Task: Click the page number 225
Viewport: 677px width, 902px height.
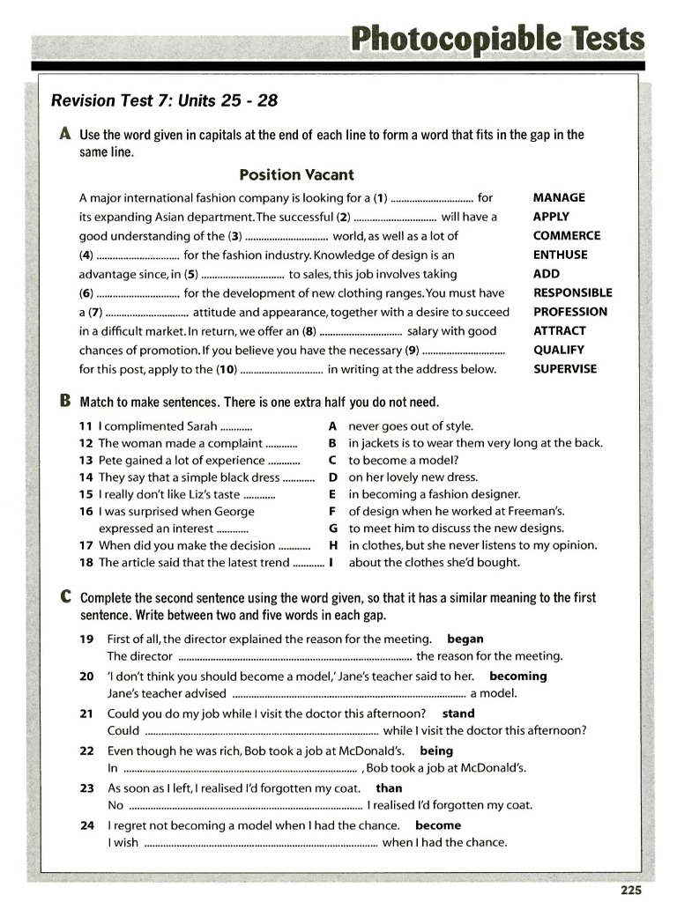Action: pos(630,891)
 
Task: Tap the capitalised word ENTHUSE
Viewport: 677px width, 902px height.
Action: pos(560,255)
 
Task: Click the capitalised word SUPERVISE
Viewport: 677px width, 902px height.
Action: pos(565,369)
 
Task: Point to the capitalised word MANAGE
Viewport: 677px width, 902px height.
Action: pos(559,198)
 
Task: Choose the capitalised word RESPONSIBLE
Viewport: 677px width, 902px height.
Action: pos(572,292)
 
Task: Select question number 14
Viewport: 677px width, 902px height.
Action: pos(86,477)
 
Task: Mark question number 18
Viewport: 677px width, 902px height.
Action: pos(86,563)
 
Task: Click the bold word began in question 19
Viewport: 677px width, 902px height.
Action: pos(465,639)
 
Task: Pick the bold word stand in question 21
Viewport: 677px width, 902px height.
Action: pos(458,713)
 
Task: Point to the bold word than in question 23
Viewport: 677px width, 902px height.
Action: pos(389,788)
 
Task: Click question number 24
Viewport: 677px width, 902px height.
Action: pos(86,825)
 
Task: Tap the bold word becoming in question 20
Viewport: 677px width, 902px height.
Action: pos(518,676)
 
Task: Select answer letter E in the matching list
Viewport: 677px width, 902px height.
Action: pos(333,494)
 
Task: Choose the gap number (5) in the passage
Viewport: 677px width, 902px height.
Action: pos(192,274)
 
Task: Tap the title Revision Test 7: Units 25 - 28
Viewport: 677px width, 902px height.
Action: pos(164,100)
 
